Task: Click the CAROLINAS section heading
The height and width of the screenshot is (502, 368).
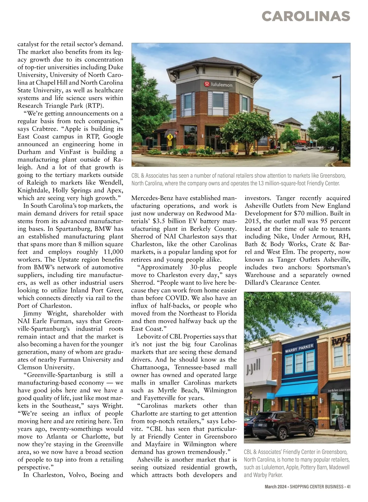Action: tap(306, 16)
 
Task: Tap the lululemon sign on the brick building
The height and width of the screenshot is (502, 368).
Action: tap(219, 84)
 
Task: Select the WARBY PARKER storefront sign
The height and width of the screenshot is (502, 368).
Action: tap(299, 348)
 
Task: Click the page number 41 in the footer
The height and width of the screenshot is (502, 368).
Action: tap(349, 487)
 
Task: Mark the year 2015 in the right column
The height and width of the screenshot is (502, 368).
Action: tap(252, 221)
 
